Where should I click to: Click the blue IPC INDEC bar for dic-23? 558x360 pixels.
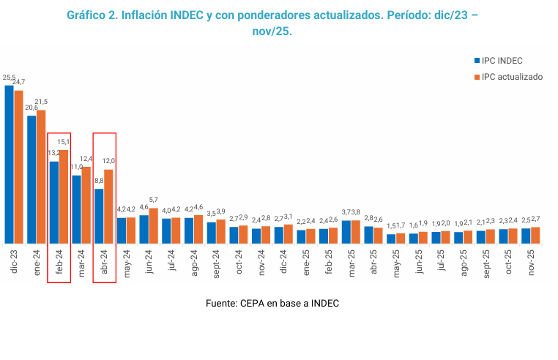coord(9,165)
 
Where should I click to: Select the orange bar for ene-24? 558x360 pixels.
coord(41,177)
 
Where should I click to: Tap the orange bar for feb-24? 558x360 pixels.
coord(64,197)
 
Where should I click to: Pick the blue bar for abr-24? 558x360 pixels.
coord(99,217)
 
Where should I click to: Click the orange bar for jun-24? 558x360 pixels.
coord(153,226)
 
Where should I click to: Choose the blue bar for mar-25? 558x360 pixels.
coord(346,232)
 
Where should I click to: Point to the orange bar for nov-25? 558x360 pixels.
coord(535,236)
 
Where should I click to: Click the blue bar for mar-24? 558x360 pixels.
coord(76,209)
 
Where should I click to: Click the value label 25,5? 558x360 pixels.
coord(9,77)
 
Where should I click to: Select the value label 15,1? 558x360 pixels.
coord(64,142)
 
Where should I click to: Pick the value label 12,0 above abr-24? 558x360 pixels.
coord(108,161)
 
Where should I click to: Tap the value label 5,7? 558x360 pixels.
coord(154,200)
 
